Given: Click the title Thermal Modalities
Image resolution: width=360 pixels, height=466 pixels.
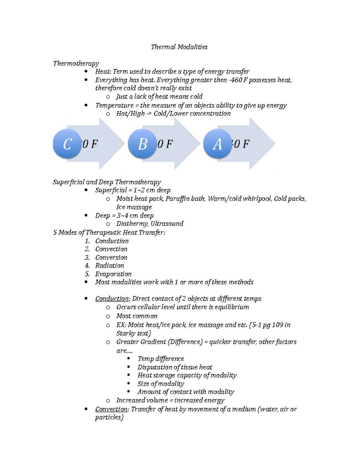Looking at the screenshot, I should pos(179,47).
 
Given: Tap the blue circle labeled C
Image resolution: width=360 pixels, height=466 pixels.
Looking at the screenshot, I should pos(67,144).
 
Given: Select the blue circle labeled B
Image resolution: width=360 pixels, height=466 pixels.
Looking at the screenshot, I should pos(142,144).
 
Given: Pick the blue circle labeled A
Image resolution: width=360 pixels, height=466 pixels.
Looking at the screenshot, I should pos(217,144).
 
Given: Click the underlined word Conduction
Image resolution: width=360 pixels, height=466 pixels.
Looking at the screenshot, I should pos(112,299).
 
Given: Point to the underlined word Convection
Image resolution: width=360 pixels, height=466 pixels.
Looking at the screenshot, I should pos(111,409).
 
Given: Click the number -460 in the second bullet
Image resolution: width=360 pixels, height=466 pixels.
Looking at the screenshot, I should pos(235,80).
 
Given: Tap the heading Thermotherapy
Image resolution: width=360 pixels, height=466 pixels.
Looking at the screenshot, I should pos(76,63).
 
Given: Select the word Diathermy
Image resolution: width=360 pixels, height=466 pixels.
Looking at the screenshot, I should pos(132,224).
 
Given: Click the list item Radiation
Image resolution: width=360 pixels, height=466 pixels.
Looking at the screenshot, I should pos(109,266).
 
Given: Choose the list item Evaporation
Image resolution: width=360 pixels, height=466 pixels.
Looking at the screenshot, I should pos(113,274).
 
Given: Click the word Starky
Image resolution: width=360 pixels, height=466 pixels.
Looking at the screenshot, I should pos(126,333).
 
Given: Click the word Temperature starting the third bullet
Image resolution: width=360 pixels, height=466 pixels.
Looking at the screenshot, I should pos(114,105).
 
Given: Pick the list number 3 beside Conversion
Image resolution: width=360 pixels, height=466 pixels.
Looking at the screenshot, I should pos(87,257).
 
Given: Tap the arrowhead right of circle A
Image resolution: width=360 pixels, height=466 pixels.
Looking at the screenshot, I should pos(262,144).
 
